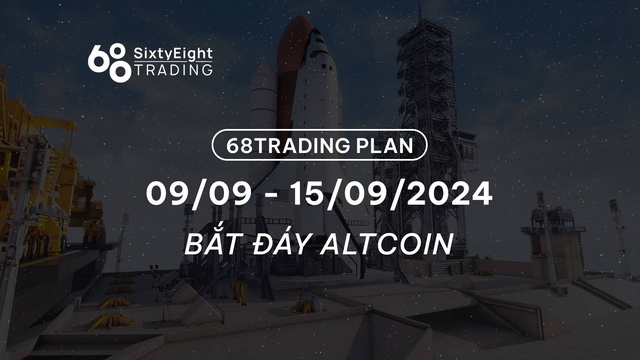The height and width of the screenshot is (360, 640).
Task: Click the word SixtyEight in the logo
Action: (173, 54)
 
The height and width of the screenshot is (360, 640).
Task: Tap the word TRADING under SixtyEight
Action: (173, 70)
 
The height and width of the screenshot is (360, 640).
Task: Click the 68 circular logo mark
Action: (108, 62)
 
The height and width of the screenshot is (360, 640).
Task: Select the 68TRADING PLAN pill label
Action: (320, 145)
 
